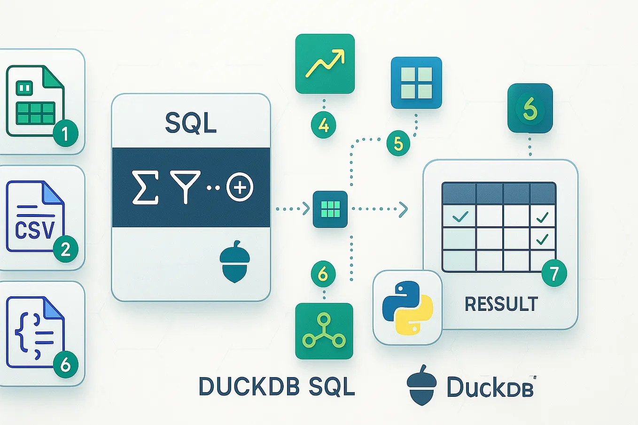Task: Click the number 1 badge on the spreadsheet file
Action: tap(65, 134)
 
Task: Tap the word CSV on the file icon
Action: tap(35, 230)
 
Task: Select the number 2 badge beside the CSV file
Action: tap(65, 249)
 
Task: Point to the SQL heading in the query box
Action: tap(191, 123)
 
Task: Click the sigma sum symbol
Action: tap(145, 187)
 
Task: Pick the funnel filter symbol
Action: tap(185, 187)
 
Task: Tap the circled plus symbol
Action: tap(240, 187)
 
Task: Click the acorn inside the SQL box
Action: tap(234, 262)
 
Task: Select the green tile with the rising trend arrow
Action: tap(325, 63)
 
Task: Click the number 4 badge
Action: tap(323, 125)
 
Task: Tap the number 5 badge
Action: tap(398, 143)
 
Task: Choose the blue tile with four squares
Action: tap(416, 83)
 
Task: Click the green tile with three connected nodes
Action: tap(324, 331)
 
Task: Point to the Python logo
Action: tap(407, 308)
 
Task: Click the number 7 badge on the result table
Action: tap(554, 273)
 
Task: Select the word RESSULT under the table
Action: tap(501, 304)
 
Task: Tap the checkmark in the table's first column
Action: tap(459, 216)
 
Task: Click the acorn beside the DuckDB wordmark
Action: tap(421, 385)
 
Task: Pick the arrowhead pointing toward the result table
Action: tap(403, 209)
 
